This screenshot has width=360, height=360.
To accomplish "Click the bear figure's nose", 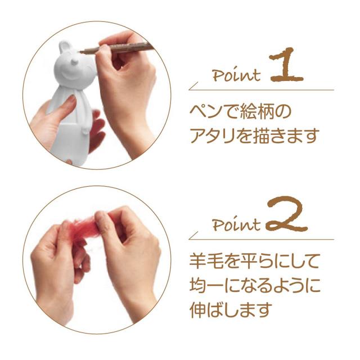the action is (75, 62).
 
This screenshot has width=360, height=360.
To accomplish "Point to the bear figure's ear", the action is (64, 47).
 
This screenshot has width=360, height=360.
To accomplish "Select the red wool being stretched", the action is (78, 227).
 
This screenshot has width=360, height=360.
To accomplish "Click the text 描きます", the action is (286, 135).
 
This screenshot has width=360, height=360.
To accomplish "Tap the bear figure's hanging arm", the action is (86, 117).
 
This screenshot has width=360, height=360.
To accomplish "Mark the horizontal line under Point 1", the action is (261, 90).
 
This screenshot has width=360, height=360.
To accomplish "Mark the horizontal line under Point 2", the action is (261, 240).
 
